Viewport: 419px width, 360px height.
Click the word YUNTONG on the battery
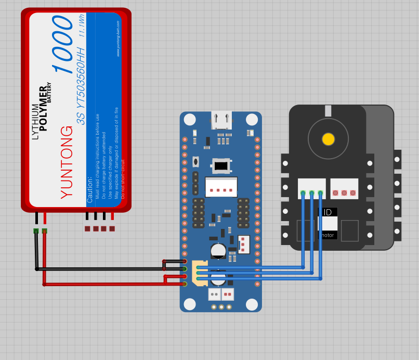click(x=67, y=162)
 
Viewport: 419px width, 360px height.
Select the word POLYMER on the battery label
click(x=43, y=108)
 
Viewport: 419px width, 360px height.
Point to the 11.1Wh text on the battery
click(x=82, y=25)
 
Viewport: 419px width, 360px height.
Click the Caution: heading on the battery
click(x=90, y=189)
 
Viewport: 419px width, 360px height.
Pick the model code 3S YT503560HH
click(x=81, y=86)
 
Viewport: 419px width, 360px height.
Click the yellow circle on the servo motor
click(x=328, y=139)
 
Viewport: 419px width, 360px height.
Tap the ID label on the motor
click(x=328, y=212)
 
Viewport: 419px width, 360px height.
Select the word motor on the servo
click(x=328, y=235)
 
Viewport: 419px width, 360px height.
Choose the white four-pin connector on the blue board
click(x=221, y=187)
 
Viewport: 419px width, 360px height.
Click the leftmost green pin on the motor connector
click(x=303, y=193)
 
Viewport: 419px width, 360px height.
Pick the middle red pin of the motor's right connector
click(x=344, y=193)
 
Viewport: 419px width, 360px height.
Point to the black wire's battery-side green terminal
click(x=36, y=230)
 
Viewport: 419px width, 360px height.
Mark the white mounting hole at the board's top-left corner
click(x=190, y=120)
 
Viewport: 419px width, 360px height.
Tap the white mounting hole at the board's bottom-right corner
click(x=252, y=304)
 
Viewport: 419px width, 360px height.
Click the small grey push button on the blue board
click(x=195, y=162)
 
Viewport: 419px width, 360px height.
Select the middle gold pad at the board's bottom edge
click(x=221, y=307)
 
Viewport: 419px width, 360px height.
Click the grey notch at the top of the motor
click(x=328, y=110)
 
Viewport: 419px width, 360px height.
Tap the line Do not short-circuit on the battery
click(x=123, y=178)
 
